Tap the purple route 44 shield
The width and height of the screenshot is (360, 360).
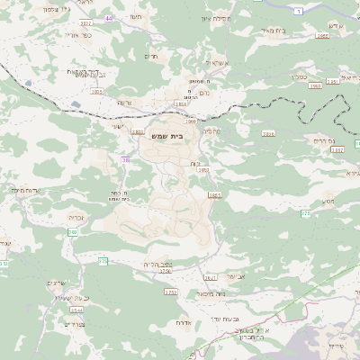coord(109,18)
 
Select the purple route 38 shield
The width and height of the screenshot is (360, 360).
coord(125,159)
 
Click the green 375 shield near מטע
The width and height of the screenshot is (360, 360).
coord(305,213)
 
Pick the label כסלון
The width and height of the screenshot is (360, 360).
coord(302,76)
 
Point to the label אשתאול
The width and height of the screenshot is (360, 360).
coord(218,63)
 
